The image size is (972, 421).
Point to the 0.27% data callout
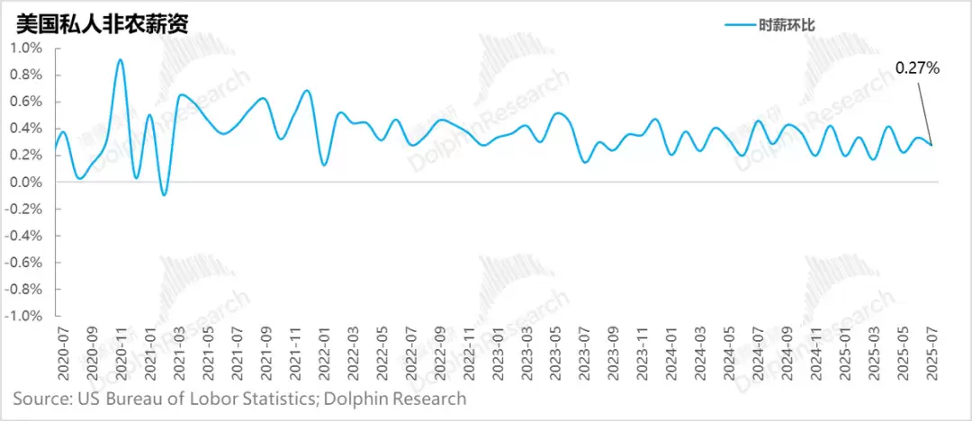click(916, 67)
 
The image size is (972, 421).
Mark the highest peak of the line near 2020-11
click(121, 60)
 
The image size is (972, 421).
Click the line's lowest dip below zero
click(164, 194)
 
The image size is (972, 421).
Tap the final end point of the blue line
click(931, 146)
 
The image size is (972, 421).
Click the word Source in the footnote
click(40, 398)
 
